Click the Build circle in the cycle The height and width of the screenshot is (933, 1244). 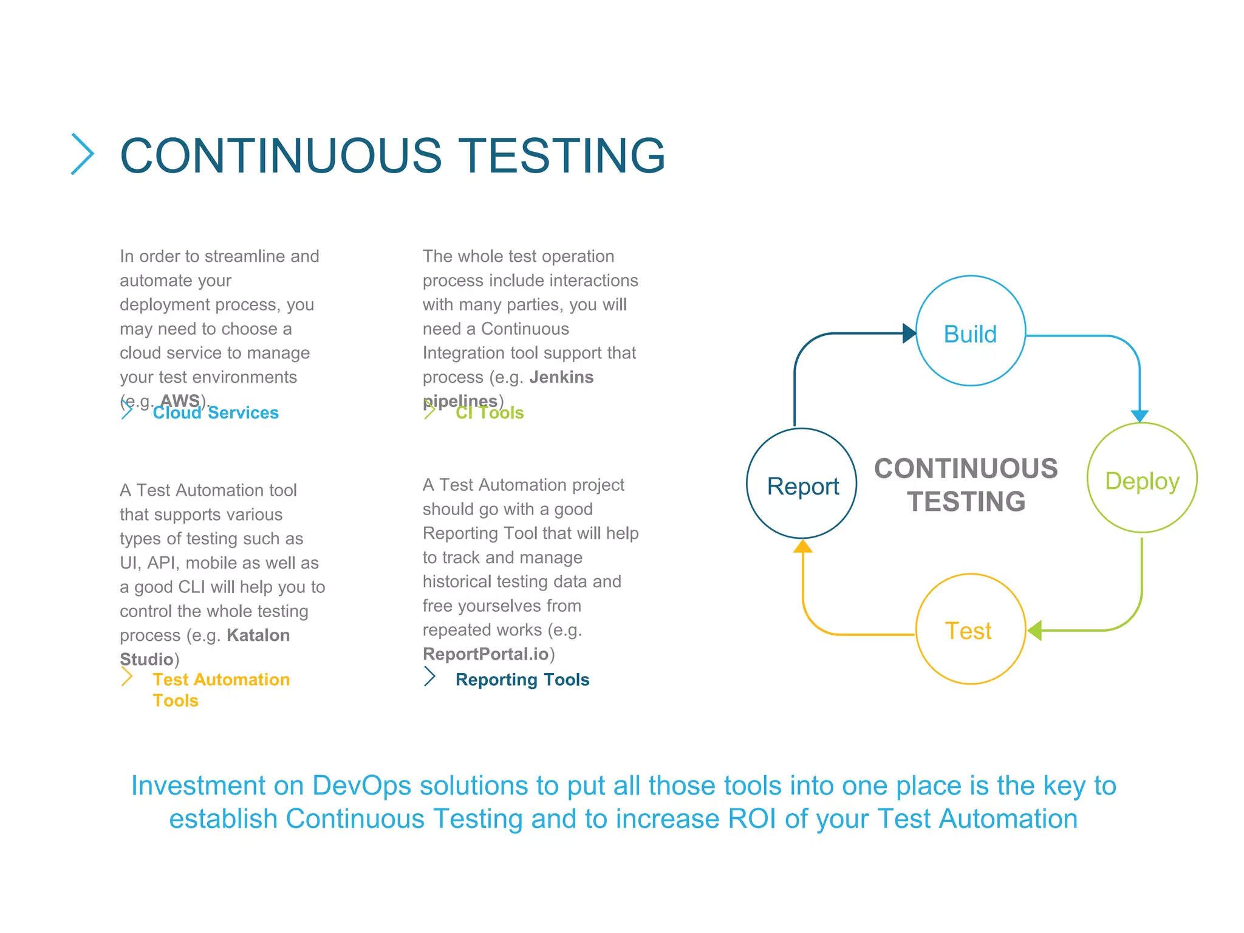[970, 331]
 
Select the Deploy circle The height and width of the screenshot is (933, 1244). [1141, 478]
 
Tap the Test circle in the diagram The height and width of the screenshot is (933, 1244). [970, 629]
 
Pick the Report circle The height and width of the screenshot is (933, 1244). [802, 484]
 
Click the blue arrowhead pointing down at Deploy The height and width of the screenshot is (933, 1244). [1140, 415]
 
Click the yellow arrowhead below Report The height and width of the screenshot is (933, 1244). [803, 546]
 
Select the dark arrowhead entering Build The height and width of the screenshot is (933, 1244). [909, 333]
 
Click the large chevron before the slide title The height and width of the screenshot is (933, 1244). [83, 154]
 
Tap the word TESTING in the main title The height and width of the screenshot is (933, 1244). [561, 155]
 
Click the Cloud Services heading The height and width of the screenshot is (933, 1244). [216, 413]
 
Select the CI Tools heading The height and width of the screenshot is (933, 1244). [490, 413]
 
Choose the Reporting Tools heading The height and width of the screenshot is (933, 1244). [522, 680]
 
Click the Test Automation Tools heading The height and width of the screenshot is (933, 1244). [221, 689]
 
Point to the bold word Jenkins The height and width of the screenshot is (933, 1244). [561, 377]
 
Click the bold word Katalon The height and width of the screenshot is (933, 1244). [258, 635]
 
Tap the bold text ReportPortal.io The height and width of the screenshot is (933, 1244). [485, 654]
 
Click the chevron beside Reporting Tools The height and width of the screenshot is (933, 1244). [429, 677]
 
